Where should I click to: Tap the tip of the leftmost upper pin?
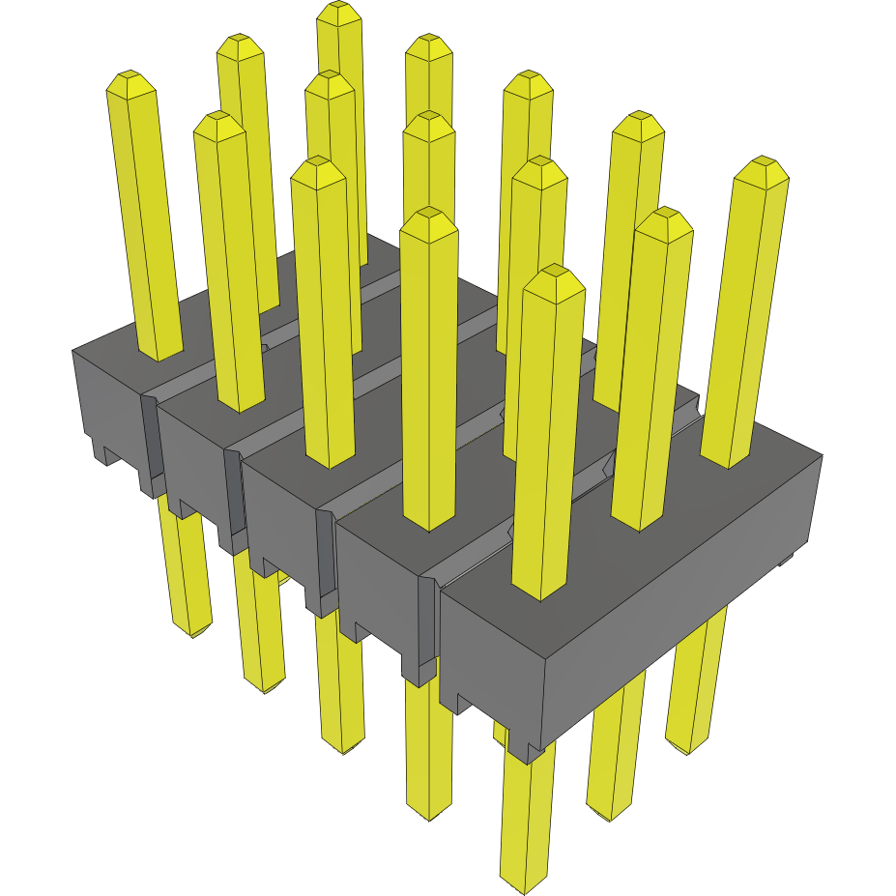[x=130, y=79]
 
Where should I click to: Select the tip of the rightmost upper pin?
[x=763, y=164]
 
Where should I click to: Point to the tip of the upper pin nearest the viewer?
[x=554, y=273]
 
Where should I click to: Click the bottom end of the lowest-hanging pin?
[x=527, y=882]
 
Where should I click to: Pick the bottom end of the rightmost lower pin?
[x=688, y=745]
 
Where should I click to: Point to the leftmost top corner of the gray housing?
[x=73, y=350]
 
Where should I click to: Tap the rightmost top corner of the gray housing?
[x=822, y=455]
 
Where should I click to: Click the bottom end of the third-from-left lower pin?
[x=342, y=746]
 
